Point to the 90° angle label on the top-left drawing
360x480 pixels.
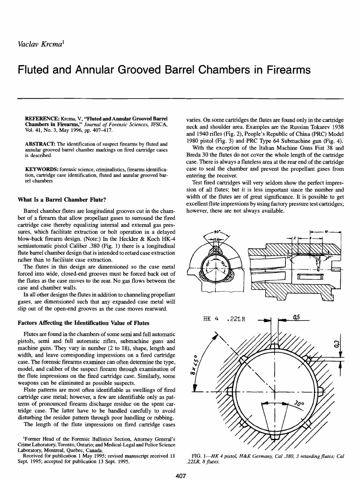click(217, 232)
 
